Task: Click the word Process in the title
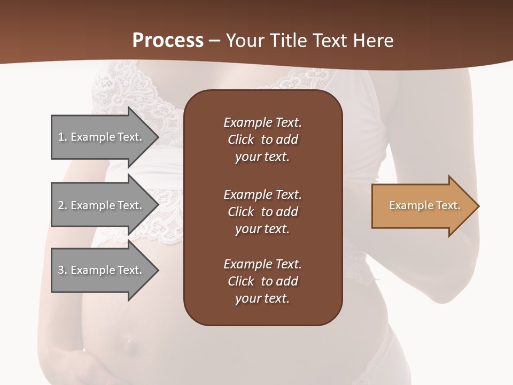coord(168,40)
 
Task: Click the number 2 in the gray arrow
coord(61,205)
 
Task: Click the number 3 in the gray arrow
coord(61,270)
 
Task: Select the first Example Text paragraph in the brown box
coord(262,140)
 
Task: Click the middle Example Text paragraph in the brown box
coord(262,211)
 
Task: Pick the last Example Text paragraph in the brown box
coord(262,281)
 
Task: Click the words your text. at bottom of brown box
coord(262,298)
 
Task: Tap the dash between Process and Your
coord(214,41)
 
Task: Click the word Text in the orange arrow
coord(448,205)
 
